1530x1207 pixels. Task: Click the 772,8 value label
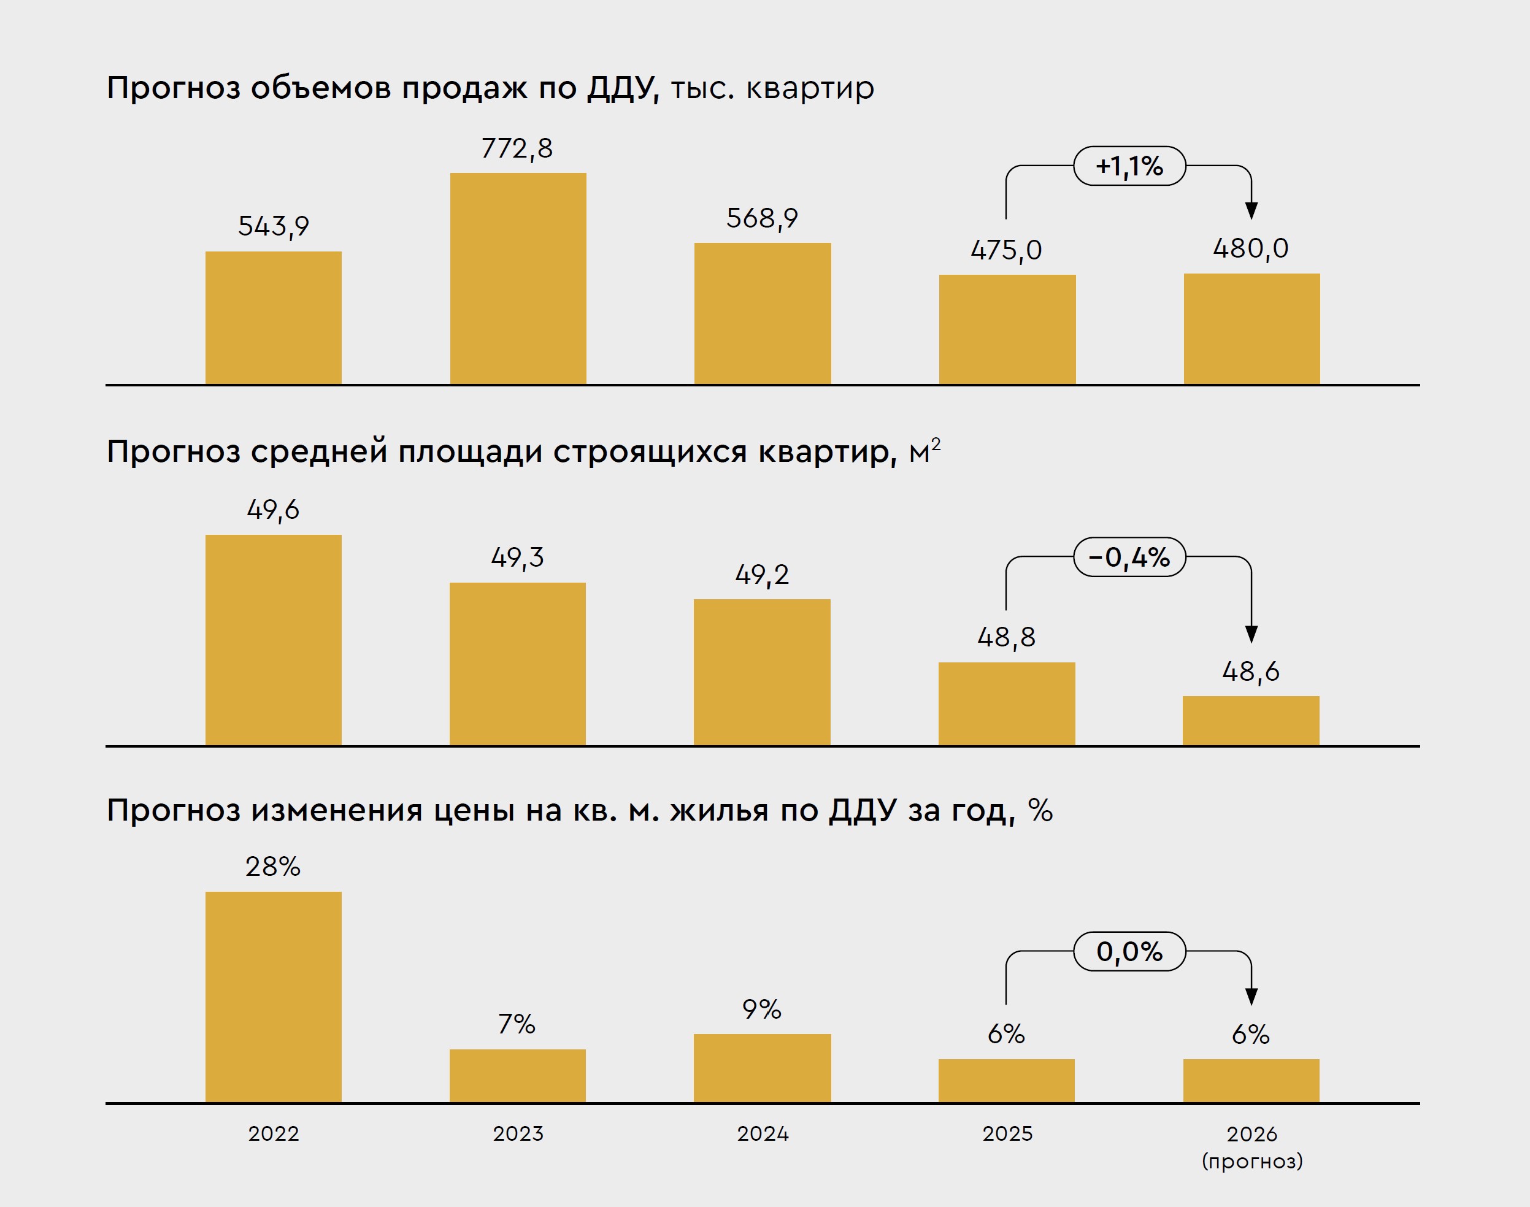click(x=517, y=148)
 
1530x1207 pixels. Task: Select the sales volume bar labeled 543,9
click(x=274, y=318)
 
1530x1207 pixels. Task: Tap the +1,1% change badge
click(x=1129, y=166)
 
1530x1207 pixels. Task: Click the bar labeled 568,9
click(x=762, y=314)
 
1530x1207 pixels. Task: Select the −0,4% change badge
click(x=1129, y=558)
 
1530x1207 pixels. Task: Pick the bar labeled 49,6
click(x=274, y=640)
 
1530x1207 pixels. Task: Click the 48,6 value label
click(x=1251, y=672)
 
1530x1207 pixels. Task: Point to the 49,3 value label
click(x=517, y=558)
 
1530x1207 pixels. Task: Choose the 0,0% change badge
click(x=1129, y=952)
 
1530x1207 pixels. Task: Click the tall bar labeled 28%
click(x=274, y=997)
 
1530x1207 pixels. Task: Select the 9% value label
click(x=761, y=1009)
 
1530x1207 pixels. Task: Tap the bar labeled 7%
click(x=517, y=1076)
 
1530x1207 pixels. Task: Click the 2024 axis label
click(x=762, y=1134)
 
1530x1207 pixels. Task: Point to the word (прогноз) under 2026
click(x=1251, y=1161)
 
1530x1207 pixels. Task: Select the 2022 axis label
click(x=274, y=1134)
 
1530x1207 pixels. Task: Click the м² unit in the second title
click(x=924, y=451)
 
